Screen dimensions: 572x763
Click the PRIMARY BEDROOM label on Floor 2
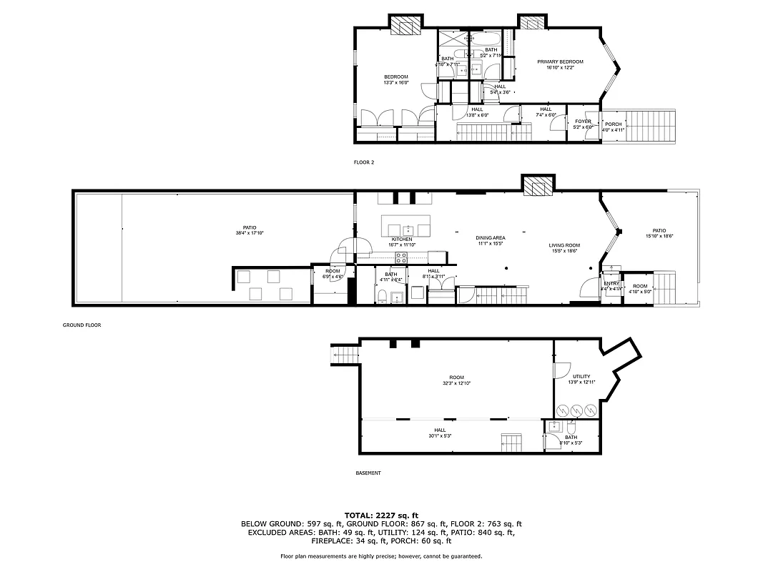[560, 62]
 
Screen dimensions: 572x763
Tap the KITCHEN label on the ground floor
[401, 239]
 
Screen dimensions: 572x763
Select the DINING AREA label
[491, 237]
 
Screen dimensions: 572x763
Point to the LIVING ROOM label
[564, 245]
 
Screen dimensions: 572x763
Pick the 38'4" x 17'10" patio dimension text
[250, 232]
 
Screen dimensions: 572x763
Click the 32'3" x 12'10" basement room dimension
[456, 383]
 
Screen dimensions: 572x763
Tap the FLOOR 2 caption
[364, 162]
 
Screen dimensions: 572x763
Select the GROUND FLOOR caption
[82, 325]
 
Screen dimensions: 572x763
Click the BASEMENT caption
[368, 473]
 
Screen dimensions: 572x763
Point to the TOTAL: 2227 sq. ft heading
[381, 515]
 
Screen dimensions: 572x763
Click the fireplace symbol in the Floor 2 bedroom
[405, 26]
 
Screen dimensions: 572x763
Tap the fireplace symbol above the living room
[537, 187]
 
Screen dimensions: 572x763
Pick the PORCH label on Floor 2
[614, 124]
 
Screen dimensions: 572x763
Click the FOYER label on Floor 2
[583, 122]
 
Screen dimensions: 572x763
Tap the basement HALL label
[440, 430]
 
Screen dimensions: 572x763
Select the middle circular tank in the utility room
[576, 410]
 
